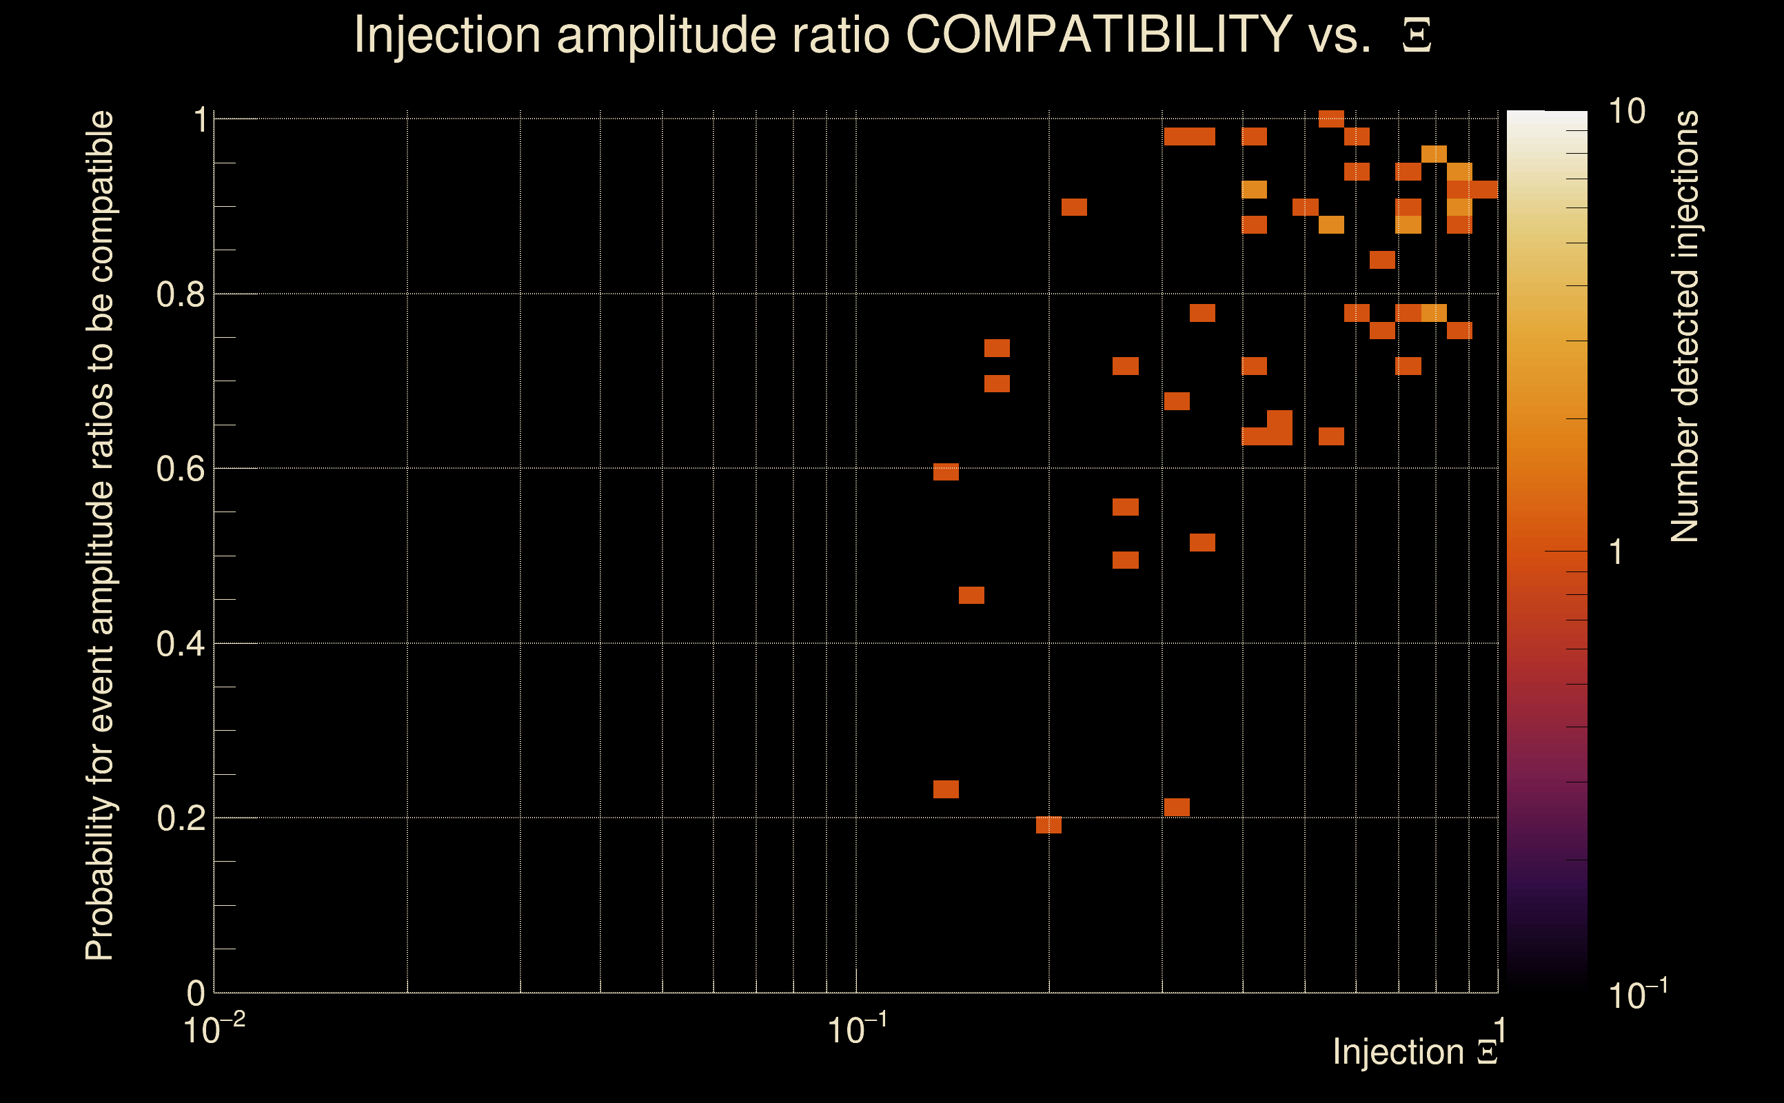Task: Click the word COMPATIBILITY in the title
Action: click(x=1098, y=34)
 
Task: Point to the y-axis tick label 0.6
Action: click(x=180, y=468)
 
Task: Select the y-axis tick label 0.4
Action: click(x=180, y=643)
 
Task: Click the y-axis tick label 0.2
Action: click(x=180, y=818)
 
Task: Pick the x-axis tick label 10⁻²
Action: click(x=214, y=1029)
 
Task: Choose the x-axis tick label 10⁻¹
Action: click(x=857, y=1029)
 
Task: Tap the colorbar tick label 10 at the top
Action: click(x=1626, y=112)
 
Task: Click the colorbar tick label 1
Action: click(x=1616, y=552)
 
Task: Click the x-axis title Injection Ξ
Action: click(x=1415, y=1052)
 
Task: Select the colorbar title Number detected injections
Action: click(x=1685, y=326)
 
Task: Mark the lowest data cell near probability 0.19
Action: click(x=1048, y=825)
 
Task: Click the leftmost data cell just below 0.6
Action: click(x=946, y=472)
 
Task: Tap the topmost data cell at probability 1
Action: click(x=1331, y=118)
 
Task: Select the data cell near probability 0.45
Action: click(x=971, y=595)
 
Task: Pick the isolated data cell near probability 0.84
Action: click(x=1382, y=260)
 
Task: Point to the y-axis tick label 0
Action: click(x=196, y=993)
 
